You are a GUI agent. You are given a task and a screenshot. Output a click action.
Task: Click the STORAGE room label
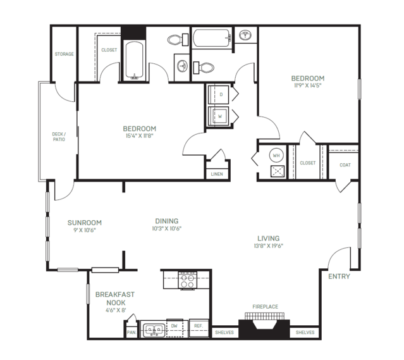(64, 54)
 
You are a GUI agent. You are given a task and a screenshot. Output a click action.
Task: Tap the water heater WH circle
(276, 156)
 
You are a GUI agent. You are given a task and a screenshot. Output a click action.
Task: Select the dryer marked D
(218, 95)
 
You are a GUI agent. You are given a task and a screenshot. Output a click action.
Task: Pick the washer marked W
(218, 116)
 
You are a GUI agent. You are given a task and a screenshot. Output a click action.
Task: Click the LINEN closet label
(217, 174)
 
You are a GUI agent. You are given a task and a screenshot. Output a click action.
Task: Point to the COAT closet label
(345, 165)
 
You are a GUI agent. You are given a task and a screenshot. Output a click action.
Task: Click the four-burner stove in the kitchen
(188, 281)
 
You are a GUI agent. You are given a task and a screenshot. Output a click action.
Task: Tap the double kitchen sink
(154, 330)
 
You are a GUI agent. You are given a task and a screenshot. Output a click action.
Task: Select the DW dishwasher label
(174, 326)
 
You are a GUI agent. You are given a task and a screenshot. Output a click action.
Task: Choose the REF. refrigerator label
(199, 326)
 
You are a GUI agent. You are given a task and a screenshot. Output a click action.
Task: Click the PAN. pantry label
(132, 333)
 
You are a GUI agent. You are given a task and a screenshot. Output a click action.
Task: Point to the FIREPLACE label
(265, 307)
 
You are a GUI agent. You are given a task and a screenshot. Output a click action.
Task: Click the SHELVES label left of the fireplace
(224, 332)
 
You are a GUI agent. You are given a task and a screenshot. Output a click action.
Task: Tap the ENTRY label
(339, 276)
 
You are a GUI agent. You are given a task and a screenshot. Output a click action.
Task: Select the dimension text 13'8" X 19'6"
(269, 245)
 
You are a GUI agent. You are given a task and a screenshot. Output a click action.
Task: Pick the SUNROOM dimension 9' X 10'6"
(85, 230)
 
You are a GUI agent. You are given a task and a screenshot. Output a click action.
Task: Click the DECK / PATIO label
(59, 137)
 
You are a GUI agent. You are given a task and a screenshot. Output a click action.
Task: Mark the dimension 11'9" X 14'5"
(308, 85)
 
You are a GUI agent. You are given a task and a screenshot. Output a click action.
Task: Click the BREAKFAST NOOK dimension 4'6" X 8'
(116, 310)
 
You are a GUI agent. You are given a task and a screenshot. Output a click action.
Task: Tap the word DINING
(167, 221)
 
